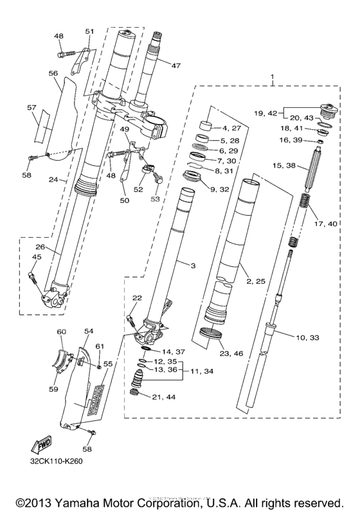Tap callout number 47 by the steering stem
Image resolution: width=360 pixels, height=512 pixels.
click(176, 65)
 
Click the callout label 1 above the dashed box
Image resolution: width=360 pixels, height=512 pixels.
click(273, 78)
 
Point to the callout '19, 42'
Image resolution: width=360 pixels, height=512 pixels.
click(265, 113)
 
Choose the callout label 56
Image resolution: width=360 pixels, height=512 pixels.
click(53, 73)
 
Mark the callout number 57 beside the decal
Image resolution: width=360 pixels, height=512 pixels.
click(32, 107)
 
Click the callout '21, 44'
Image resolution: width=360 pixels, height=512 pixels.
click(163, 398)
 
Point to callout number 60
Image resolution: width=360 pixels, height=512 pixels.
click(62, 331)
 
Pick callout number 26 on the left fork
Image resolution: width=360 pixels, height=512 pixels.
click(39, 247)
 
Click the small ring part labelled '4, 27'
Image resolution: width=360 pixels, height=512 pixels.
click(206, 125)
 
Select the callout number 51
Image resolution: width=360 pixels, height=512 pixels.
click(89, 31)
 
